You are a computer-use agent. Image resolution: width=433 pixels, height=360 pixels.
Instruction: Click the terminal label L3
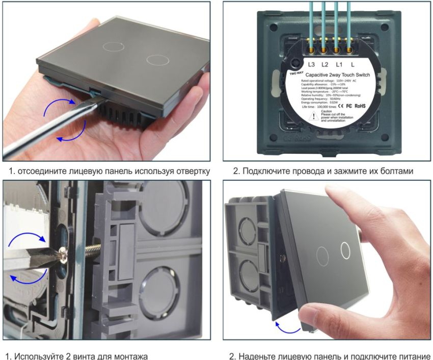click(x=311, y=65)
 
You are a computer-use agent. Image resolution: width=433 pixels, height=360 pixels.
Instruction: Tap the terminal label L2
click(x=325, y=65)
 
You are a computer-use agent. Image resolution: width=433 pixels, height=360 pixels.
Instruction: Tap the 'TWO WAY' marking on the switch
click(x=297, y=73)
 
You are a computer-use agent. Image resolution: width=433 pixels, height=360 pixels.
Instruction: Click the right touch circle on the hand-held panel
click(x=154, y=60)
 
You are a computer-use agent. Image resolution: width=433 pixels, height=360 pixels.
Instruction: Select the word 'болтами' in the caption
click(x=395, y=171)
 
